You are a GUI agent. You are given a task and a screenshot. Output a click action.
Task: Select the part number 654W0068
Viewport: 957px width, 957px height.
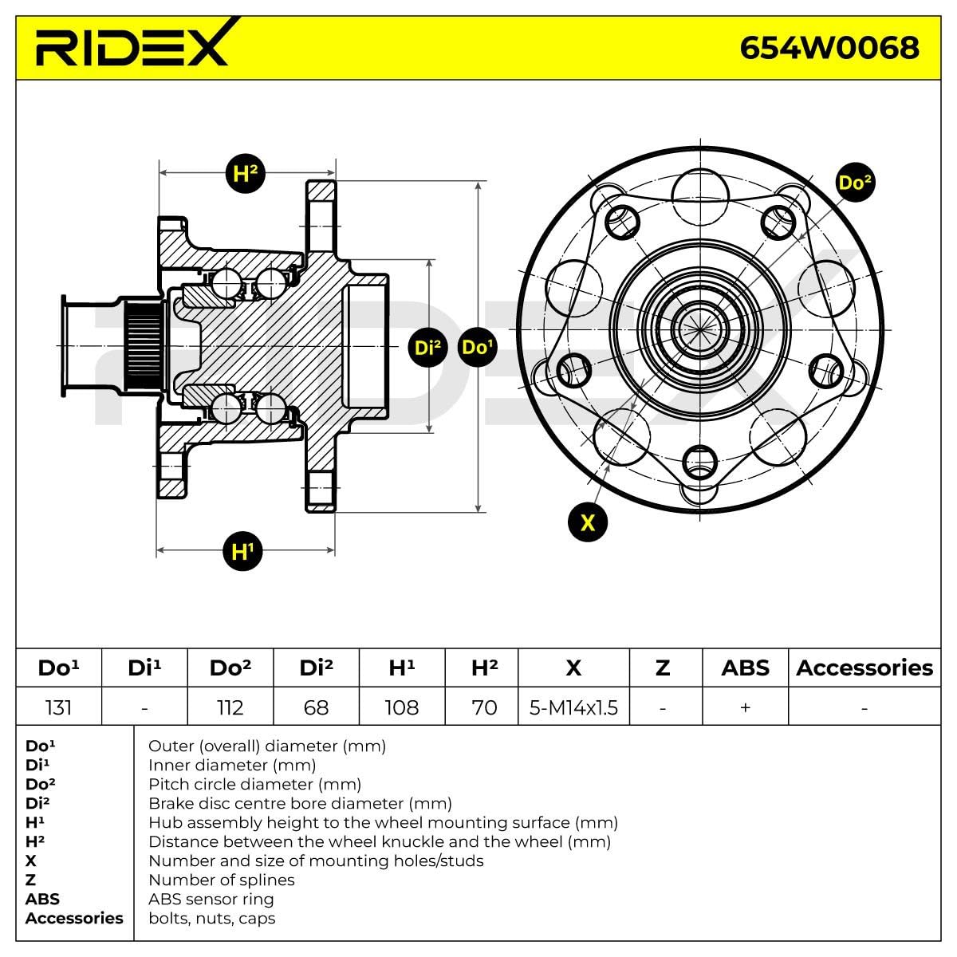829,47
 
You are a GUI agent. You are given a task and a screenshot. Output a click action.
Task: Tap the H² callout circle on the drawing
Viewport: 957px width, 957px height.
245,173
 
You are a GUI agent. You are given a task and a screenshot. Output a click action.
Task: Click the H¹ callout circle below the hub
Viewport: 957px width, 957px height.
242,550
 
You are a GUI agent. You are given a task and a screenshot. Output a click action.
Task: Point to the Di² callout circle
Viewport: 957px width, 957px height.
428,348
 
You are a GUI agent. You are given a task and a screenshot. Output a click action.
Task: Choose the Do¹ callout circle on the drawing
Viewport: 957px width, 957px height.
477,348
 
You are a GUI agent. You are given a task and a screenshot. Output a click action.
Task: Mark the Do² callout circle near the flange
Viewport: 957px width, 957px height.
854,183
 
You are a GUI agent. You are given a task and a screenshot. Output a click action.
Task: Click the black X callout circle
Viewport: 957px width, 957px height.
588,522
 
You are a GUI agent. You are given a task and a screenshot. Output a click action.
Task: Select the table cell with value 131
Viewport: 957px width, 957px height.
59,707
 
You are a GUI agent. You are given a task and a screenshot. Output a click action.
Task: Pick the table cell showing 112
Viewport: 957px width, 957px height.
230,707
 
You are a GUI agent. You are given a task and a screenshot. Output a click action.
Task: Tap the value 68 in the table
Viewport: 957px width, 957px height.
316,707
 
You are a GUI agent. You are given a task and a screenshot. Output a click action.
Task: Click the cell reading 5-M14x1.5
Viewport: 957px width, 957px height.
573,707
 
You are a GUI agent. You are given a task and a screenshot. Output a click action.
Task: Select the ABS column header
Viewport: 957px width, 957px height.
745,668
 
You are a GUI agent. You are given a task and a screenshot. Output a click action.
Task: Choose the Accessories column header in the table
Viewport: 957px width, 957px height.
864,668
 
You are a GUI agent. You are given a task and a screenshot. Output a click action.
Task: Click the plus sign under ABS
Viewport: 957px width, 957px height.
745,707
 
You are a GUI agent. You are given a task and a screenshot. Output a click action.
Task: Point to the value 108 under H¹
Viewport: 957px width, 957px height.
402,707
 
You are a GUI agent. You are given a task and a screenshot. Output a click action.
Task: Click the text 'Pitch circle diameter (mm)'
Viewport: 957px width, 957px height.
254,784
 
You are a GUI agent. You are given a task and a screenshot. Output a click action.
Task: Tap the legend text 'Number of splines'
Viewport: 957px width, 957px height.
221,880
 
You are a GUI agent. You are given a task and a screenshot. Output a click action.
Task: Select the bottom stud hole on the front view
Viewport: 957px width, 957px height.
700,461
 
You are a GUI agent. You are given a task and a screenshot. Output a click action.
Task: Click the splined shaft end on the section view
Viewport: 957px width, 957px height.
143,346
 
